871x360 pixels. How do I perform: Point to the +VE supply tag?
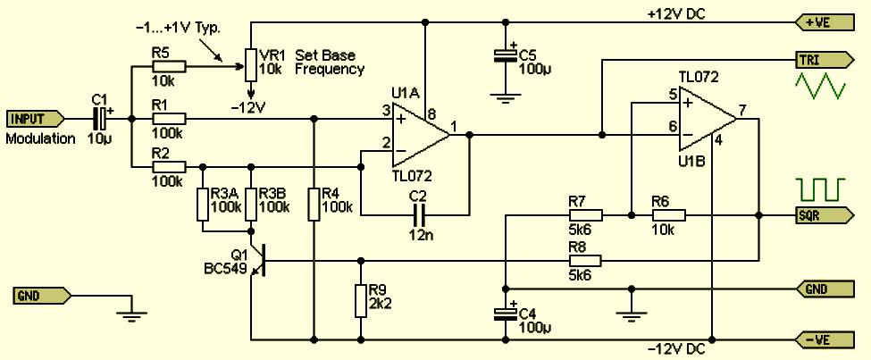coord(824,22)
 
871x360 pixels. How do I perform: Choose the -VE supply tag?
coord(824,339)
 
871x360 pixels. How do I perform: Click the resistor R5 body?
coord(169,67)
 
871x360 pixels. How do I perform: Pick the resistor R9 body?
coord(361,300)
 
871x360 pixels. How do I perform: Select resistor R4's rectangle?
coord(314,204)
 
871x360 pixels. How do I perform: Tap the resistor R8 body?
coord(585,261)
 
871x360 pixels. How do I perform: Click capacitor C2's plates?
coord(418,215)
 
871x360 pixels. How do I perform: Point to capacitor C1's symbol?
coord(101,118)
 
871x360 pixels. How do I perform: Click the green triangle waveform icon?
coord(820,85)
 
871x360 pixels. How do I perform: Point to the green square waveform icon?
coord(820,189)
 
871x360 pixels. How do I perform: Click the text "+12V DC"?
coord(676,14)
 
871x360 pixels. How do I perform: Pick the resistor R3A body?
coord(203,204)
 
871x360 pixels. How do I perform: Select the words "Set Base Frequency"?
coord(330,63)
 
